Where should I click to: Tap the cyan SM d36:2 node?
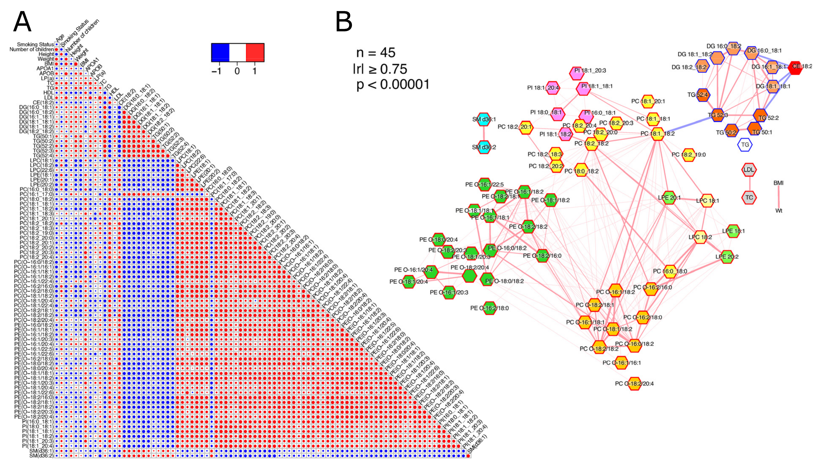tap(484, 147)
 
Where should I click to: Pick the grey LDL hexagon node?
tap(749, 170)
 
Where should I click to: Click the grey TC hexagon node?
tap(749, 198)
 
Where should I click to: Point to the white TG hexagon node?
tap(745, 145)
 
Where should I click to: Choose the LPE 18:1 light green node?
tap(733, 231)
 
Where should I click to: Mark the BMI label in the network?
tap(778, 183)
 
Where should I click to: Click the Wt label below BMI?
tap(779, 211)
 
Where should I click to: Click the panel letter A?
tap(22, 22)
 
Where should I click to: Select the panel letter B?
tap(344, 22)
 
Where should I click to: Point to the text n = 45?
tap(376, 53)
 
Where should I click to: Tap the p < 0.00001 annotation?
tap(393, 84)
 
